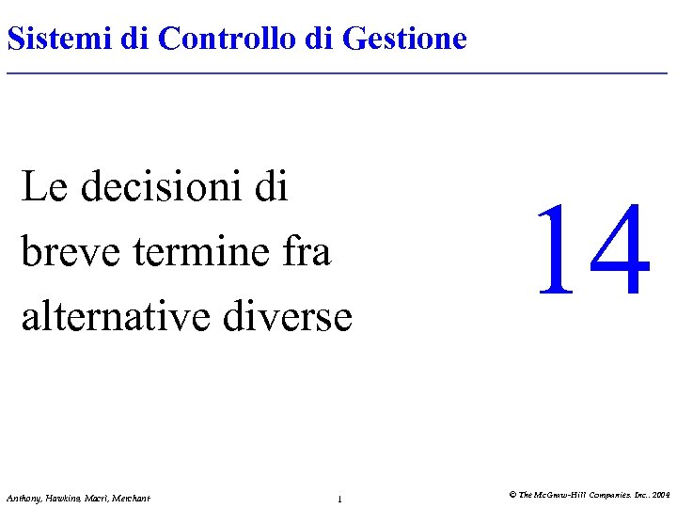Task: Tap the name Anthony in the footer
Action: (x=23, y=498)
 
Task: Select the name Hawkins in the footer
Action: (x=62, y=498)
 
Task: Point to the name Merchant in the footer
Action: (x=132, y=498)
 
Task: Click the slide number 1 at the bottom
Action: (x=338, y=499)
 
